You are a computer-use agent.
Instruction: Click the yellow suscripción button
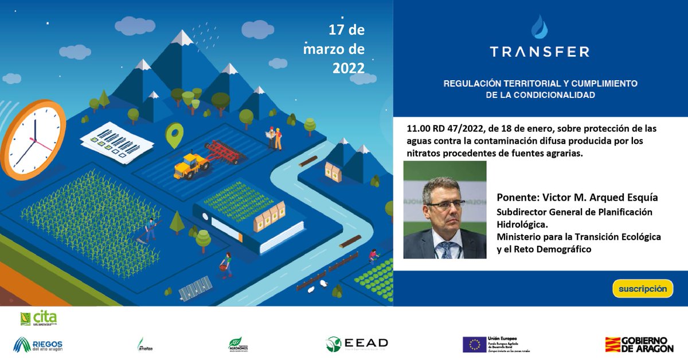[642, 288]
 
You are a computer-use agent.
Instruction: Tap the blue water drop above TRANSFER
[539, 27]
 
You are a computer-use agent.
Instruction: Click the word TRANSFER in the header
[539, 52]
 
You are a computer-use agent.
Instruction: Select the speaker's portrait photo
[445, 210]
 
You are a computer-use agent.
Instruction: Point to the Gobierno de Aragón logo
[639, 344]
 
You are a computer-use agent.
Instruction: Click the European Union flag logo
[474, 344]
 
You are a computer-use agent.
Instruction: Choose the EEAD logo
[357, 343]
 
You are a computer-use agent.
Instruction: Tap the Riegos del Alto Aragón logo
[38, 344]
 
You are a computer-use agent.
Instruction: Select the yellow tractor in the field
[191, 165]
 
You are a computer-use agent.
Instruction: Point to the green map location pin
[173, 135]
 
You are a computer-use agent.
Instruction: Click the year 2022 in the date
[348, 68]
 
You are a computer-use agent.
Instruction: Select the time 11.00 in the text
[418, 128]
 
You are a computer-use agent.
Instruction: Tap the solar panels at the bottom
[196, 288]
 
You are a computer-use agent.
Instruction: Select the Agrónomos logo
[238, 344]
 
